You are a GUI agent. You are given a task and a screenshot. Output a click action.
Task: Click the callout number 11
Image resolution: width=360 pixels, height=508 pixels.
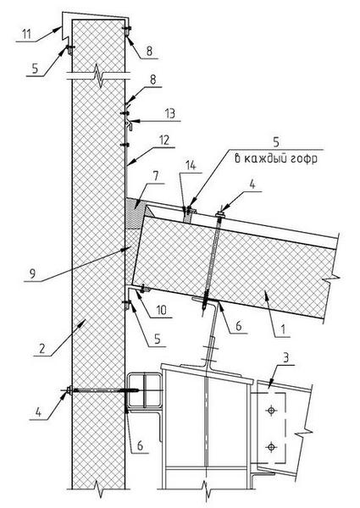pos(26,34)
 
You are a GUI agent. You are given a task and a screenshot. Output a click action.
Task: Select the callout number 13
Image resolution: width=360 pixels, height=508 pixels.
pos(169,113)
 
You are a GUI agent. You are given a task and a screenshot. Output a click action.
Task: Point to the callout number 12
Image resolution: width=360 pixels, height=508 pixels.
pos(164,141)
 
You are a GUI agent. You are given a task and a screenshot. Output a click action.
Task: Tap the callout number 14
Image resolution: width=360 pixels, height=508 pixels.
pos(191,166)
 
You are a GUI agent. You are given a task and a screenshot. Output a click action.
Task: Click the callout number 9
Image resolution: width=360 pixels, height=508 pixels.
pos(33,274)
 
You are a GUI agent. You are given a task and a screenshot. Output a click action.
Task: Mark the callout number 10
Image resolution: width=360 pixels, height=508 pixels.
pos(161,310)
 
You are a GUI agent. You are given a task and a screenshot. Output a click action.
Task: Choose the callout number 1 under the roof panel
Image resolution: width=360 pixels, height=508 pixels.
pos(283,329)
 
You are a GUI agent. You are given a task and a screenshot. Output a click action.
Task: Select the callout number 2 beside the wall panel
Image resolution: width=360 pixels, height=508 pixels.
pos(42,348)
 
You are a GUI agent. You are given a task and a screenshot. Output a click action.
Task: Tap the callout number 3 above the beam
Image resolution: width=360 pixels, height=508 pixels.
pos(286,357)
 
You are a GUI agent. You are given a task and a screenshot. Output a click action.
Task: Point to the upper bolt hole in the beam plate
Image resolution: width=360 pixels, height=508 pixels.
pos(271,411)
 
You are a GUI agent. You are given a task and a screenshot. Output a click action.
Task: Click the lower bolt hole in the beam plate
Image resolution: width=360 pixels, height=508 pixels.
pos(271,447)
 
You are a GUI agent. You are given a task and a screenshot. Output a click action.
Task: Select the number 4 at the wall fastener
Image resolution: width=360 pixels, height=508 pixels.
pos(38,412)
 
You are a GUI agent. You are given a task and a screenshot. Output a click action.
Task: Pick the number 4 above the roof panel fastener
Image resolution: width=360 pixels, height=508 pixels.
pos(252,185)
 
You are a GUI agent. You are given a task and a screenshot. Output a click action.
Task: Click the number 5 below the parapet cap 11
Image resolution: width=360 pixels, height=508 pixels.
pos(35,69)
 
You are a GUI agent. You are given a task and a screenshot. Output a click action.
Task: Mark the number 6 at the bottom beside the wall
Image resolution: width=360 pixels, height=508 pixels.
pos(140,445)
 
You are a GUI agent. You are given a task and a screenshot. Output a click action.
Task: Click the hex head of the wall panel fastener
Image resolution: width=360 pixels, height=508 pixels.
pos(69,390)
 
